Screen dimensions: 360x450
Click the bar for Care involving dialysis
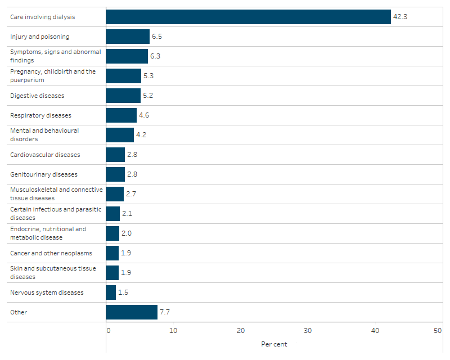click(248, 17)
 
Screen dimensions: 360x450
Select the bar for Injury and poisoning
click(128, 37)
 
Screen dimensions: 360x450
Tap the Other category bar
click(132, 312)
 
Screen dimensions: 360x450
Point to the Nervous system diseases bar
click(111, 292)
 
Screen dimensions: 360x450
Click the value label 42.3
click(400, 17)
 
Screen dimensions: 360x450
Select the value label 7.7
click(165, 312)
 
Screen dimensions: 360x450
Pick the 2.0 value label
click(127, 233)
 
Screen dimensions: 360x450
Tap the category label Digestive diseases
click(37, 96)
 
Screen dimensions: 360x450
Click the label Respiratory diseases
click(40, 115)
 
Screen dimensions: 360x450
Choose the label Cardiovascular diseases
click(45, 155)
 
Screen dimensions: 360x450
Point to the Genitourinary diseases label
click(44, 174)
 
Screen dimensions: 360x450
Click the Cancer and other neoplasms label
click(51, 253)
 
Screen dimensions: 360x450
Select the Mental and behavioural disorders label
click(44, 134)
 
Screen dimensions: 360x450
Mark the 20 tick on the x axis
click(240, 331)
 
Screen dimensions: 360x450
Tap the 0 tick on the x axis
click(109, 331)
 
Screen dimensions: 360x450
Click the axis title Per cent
click(274, 344)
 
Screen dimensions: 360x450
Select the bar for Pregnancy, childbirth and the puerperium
click(123, 76)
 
